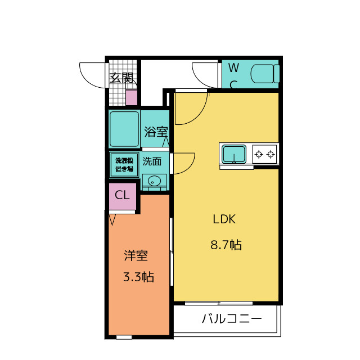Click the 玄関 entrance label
[121, 78]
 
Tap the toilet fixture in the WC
[265, 74]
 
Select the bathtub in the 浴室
[124, 129]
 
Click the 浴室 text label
[156, 132]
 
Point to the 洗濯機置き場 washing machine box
[124, 165]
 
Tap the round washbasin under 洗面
[154, 181]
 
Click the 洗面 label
[152, 161]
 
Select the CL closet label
[122, 195]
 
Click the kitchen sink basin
[234, 154]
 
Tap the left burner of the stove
[259, 154]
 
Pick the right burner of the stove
[271, 154]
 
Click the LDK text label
[224, 219]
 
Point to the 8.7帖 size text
[226, 245]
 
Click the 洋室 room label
[136, 255]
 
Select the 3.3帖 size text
[139, 276]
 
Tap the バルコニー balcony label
[232, 319]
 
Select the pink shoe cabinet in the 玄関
[132, 97]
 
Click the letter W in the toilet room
[234, 67]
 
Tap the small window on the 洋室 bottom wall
[124, 337]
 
